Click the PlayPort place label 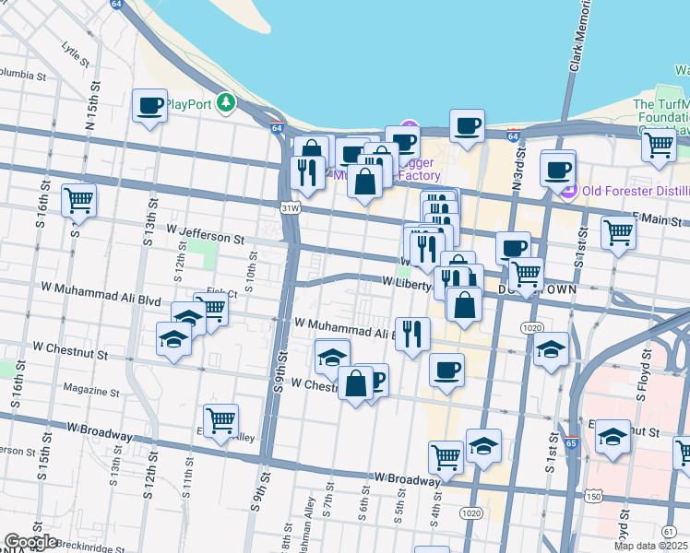pyautogui.click(x=187, y=103)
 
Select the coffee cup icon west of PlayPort pyautogui.click(x=149, y=107)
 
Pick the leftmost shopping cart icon pyautogui.click(x=78, y=198)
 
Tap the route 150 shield pyautogui.click(x=592, y=496)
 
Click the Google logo pyautogui.click(x=30, y=542)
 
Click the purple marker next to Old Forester pyautogui.click(x=568, y=192)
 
